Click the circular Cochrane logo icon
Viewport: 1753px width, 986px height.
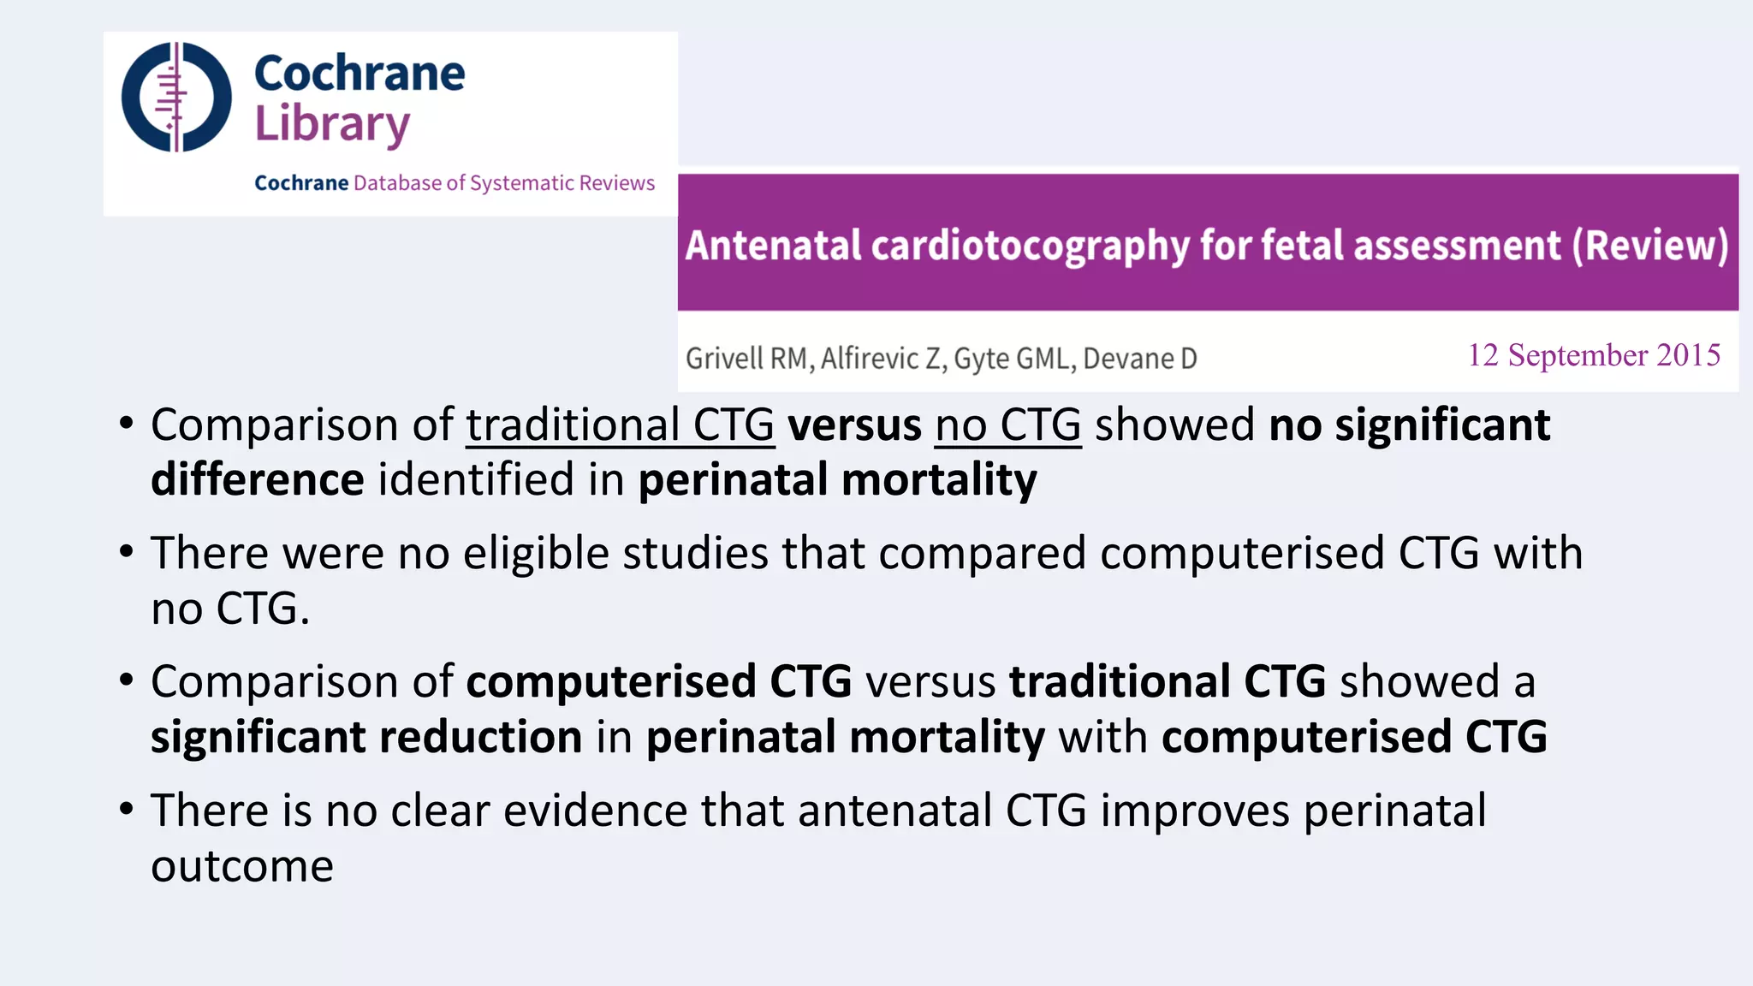pyautogui.click(x=176, y=97)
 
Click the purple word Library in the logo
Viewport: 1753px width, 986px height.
pyautogui.click(x=332, y=125)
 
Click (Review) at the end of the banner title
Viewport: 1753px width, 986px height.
pyautogui.click(x=1649, y=246)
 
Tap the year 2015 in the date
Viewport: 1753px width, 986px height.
pyautogui.click(x=1688, y=355)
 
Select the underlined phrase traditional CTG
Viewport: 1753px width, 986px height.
pyautogui.click(x=620, y=425)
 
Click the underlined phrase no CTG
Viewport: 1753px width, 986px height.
pyautogui.click(x=1007, y=425)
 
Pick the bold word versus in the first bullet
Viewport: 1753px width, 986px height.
pyautogui.click(x=854, y=425)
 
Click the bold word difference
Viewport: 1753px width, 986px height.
pyautogui.click(x=258, y=480)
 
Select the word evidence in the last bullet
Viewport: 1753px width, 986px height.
pyautogui.click(x=595, y=811)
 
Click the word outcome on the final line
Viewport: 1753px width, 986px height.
pyautogui.click(x=242, y=866)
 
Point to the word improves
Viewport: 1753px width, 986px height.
pyautogui.click(x=1194, y=811)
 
